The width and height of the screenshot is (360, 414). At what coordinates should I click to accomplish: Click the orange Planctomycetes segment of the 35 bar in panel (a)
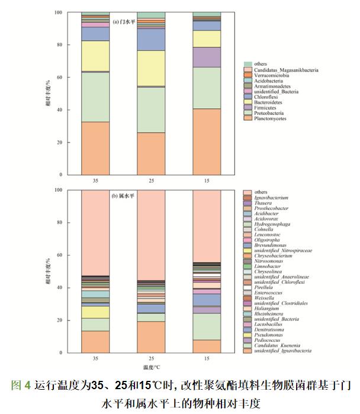click(95, 148)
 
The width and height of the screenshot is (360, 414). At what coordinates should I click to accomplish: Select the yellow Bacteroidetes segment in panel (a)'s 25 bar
click(152, 69)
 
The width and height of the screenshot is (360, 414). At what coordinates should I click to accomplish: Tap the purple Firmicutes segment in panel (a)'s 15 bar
click(207, 57)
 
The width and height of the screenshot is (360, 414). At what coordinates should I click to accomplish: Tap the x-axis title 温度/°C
click(152, 367)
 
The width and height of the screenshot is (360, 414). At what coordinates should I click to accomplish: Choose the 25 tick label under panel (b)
click(152, 359)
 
